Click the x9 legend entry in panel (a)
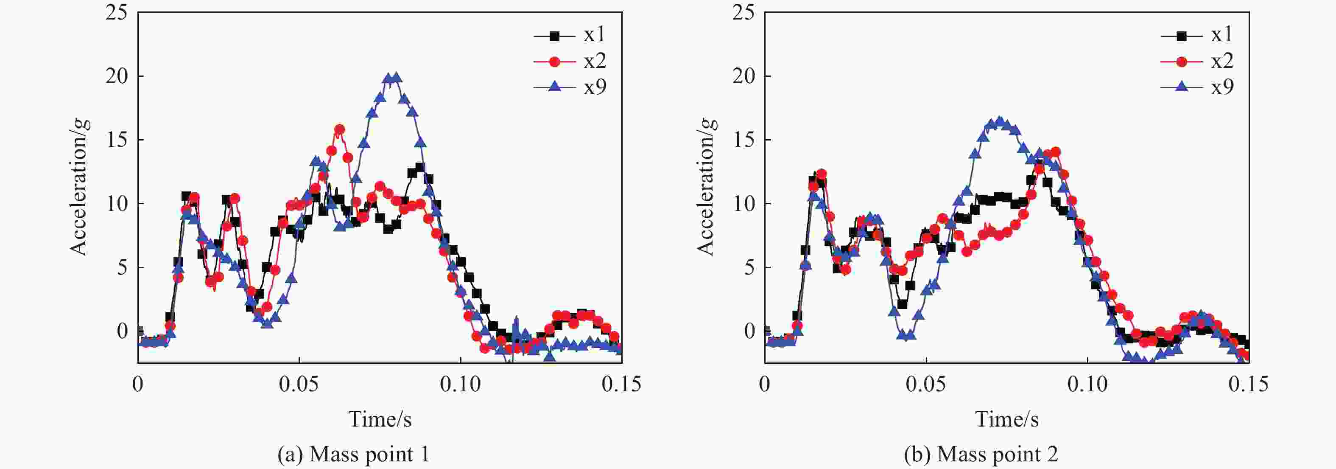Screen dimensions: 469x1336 click(x=570, y=87)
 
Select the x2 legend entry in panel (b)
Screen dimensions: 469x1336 click(x=1197, y=61)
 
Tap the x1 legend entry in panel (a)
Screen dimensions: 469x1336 click(x=570, y=35)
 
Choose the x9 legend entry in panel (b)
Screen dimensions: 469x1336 click(x=1197, y=87)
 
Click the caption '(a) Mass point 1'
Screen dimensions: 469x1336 click(x=353, y=455)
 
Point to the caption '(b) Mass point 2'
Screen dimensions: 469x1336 click(x=981, y=455)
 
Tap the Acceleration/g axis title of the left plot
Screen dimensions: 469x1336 click(x=79, y=187)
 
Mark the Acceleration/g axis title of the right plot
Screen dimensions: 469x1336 click(x=706, y=187)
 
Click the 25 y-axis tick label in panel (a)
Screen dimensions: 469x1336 click(x=116, y=12)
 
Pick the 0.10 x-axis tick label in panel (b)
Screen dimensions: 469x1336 click(x=1087, y=385)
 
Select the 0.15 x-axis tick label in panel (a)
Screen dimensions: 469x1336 click(x=621, y=385)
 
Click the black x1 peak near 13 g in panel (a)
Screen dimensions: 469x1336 click(x=420, y=167)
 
